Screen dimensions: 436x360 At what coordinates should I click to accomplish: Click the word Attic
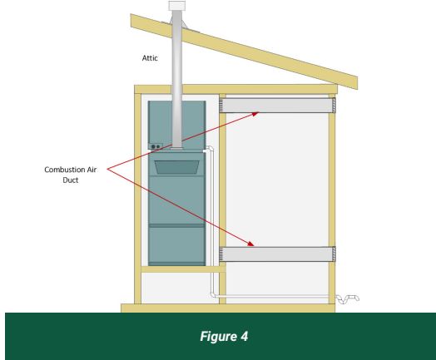pos(150,58)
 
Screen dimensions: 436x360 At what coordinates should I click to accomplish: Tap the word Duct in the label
pos(71,180)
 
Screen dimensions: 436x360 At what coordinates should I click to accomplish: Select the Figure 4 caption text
pos(224,337)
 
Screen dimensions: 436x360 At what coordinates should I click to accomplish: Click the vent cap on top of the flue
pos(177,6)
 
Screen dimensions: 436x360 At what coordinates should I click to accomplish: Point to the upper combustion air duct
pos(278,106)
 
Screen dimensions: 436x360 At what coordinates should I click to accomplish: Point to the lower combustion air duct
pos(278,254)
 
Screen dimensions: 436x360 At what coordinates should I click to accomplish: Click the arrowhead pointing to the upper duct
pos(255,114)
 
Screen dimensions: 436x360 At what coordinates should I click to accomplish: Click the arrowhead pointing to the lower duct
pos(250,244)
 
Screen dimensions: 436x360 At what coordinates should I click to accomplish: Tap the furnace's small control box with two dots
pos(156,146)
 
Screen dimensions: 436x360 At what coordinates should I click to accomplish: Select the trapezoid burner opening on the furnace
pos(177,167)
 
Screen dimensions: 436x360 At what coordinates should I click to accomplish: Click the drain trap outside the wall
pos(348,298)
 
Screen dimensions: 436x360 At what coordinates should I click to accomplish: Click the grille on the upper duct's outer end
pos(334,106)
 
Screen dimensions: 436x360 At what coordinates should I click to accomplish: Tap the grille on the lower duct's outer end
pos(334,254)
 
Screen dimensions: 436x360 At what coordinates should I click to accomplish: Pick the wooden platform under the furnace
pos(183,269)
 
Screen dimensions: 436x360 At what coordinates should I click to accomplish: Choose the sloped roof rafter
pos(244,52)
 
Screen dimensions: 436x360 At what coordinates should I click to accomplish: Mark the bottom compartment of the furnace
pos(177,244)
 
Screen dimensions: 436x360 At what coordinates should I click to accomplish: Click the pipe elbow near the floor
pos(213,294)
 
